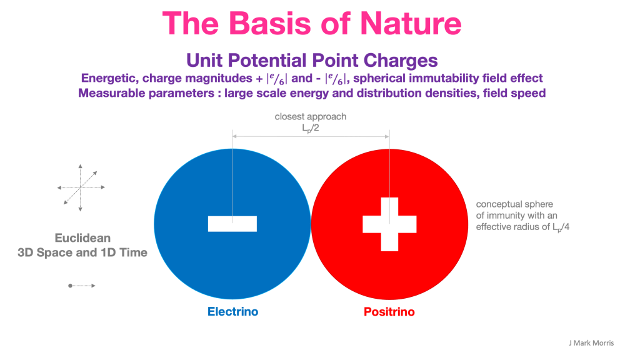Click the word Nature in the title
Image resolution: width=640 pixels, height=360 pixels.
[411, 24]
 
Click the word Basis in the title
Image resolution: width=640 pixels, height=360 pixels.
[271, 24]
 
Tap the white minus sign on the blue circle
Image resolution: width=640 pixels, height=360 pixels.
[232, 224]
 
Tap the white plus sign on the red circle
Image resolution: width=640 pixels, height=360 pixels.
[389, 224]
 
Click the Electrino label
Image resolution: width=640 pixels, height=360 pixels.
[232, 312]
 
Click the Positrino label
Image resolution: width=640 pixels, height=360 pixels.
[389, 312]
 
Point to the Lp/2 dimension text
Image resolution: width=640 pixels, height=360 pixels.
[310, 128]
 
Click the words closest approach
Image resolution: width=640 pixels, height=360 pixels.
[310, 117]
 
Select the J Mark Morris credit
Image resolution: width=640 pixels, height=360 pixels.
[591, 343]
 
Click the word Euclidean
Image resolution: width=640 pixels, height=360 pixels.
[82, 238]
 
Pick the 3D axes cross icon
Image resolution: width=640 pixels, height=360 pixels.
[81, 187]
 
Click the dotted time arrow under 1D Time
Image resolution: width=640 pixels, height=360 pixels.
[82, 286]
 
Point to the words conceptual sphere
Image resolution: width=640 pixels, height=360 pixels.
[514, 204]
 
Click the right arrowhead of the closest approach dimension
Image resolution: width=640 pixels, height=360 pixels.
[387, 137]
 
